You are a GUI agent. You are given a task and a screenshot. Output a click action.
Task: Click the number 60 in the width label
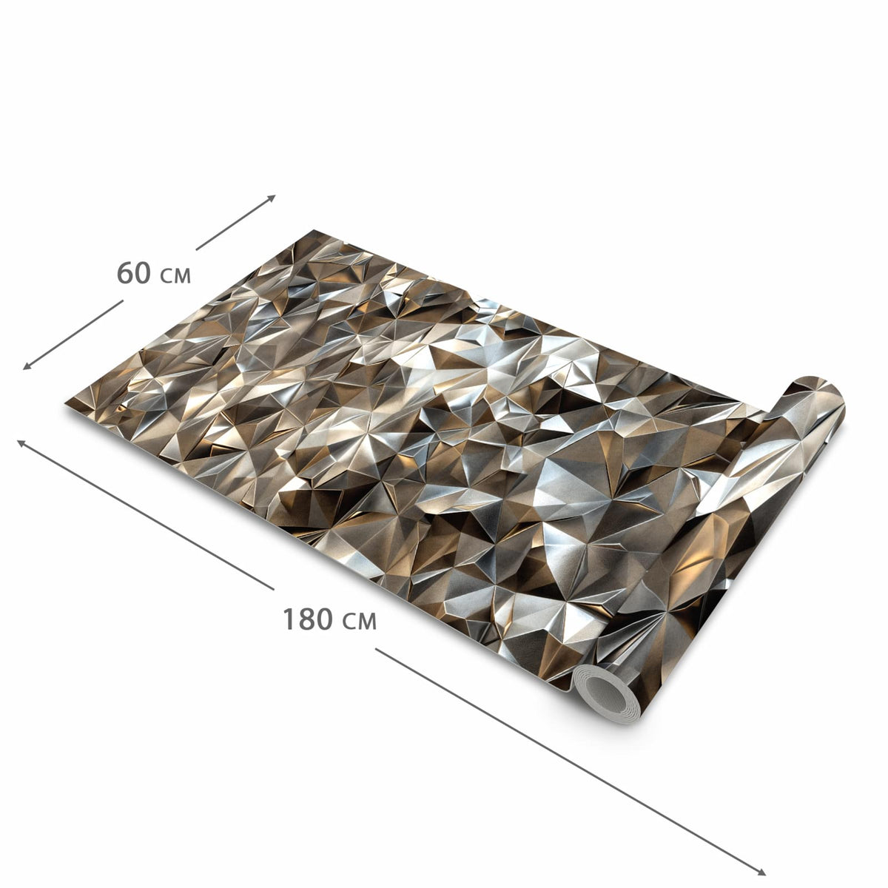(x=134, y=272)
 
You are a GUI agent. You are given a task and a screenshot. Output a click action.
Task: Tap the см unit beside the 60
(x=175, y=276)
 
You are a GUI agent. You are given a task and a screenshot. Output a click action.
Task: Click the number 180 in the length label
(x=307, y=619)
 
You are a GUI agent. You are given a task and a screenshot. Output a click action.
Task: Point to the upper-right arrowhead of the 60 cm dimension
(x=272, y=198)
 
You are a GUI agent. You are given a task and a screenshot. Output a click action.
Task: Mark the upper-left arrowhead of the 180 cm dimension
(x=21, y=443)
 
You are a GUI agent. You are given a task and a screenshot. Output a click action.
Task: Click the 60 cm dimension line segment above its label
(x=235, y=223)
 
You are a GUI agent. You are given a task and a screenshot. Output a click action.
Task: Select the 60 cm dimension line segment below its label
(x=73, y=335)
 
